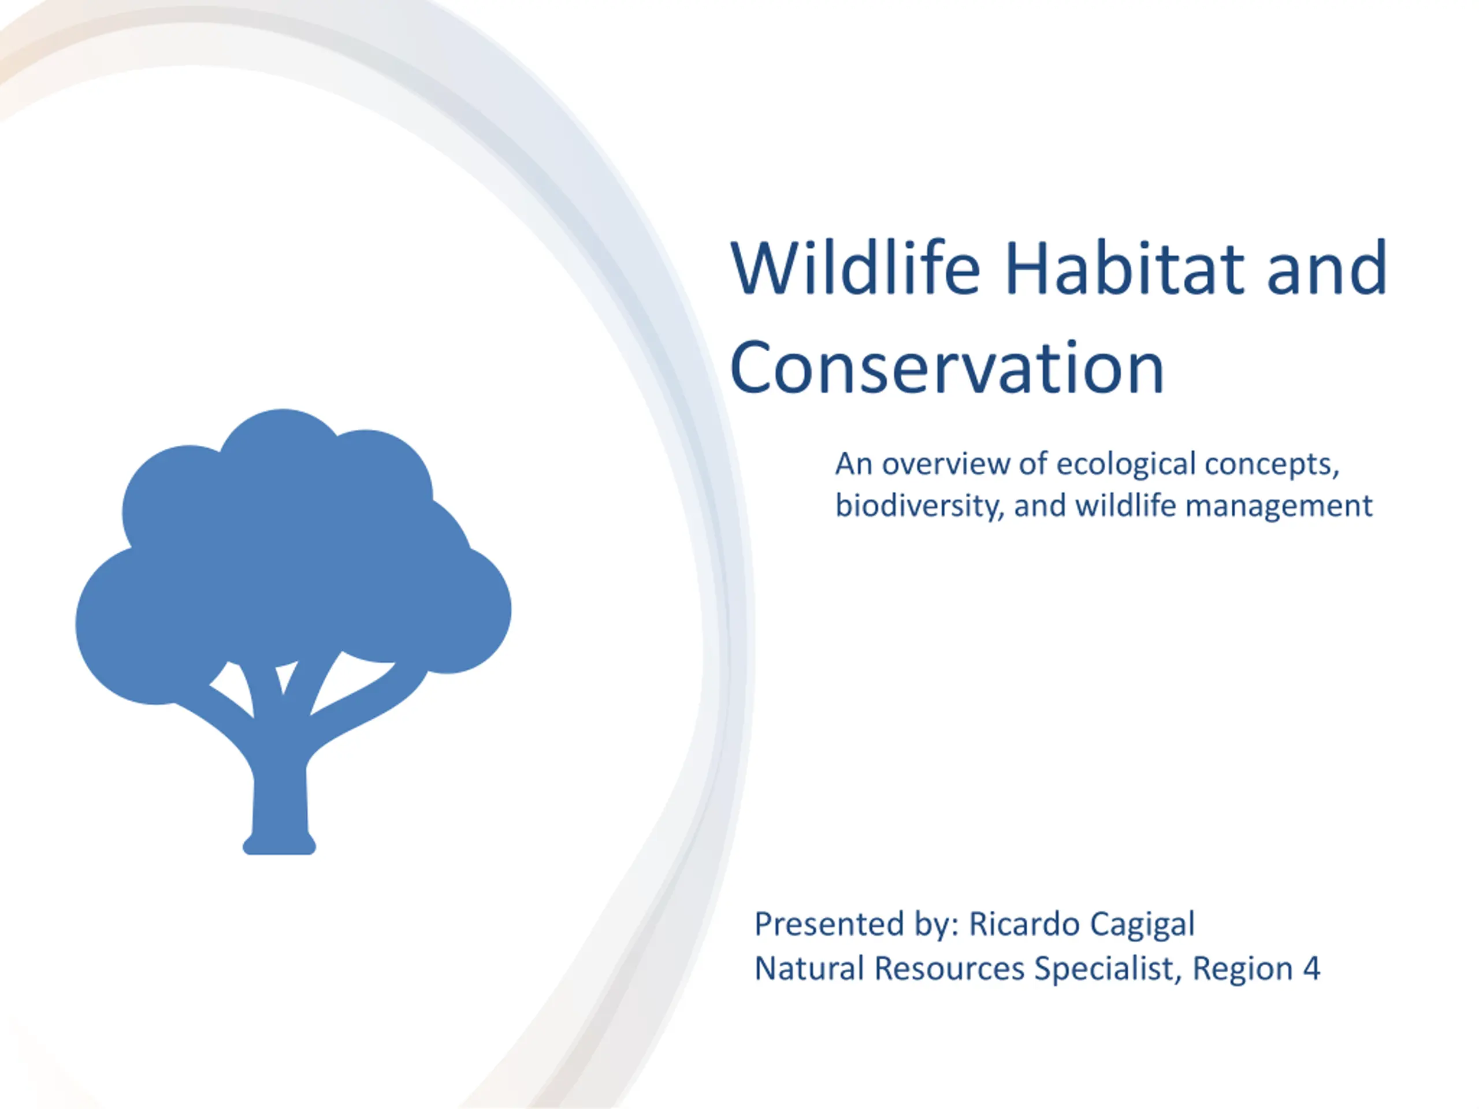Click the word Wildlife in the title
click(x=855, y=269)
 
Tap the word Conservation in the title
click(x=947, y=369)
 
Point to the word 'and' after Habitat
click(x=1327, y=269)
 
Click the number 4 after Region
click(x=1312, y=969)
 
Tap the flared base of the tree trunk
click(x=279, y=844)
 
